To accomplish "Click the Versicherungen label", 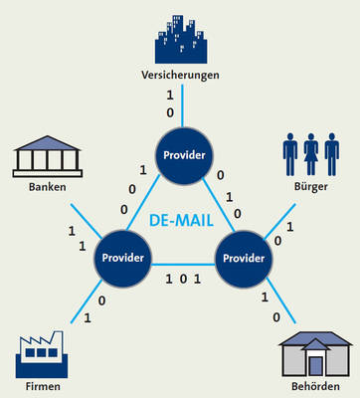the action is pos(180,76).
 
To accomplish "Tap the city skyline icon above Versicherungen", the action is pos(181,39).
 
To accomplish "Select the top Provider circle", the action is pos(184,155).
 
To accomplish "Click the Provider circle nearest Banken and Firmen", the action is pos(123,258).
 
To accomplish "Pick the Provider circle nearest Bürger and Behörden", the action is pos(244,259).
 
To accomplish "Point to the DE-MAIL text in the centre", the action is pos(181,221).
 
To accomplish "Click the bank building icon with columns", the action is pos(48,156).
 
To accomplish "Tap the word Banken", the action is pos(48,187).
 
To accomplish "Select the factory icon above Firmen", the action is pos(42,354).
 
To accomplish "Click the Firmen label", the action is pos(43,387).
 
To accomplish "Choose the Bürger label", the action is pos(311,187).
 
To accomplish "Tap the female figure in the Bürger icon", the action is pos(311,154).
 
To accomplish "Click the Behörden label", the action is pos(315,387).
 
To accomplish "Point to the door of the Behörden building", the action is pos(316,366).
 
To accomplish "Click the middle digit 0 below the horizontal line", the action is pos(183,280).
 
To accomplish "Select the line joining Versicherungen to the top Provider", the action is pos(182,105).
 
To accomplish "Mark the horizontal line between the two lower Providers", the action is pos(183,265).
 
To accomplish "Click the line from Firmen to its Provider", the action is pos(87,301).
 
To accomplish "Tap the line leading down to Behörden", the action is pos(281,300).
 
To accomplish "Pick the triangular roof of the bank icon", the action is pos(48,143).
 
